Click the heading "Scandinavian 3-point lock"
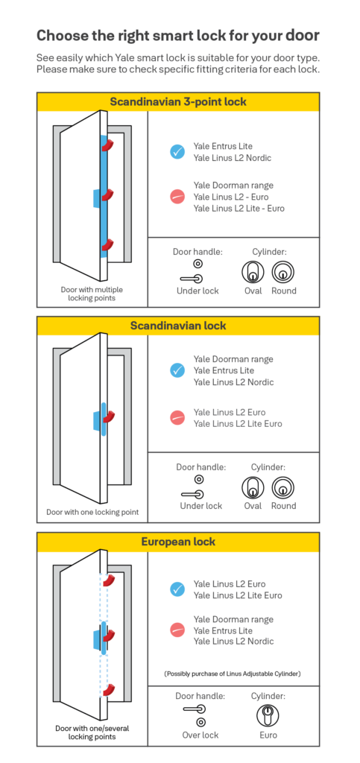click(x=178, y=101)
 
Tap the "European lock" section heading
click(x=178, y=542)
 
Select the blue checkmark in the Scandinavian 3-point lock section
click(x=177, y=152)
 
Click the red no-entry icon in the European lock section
click(x=177, y=630)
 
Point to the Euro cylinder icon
click(x=268, y=715)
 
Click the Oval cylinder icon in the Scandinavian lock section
click(x=253, y=487)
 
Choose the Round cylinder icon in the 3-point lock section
click(x=283, y=272)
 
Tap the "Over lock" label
click(x=200, y=735)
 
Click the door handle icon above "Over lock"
click(x=195, y=709)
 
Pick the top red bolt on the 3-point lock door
click(x=109, y=145)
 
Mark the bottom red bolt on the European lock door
click(x=109, y=690)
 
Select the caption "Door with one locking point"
click(x=92, y=512)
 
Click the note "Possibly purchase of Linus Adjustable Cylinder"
click(x=233, y=674)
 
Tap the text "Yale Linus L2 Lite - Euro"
click(x=239, y=209)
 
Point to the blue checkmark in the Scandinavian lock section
click(x=177, y=370)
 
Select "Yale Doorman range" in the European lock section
click(x=233, y=619)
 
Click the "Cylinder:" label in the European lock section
click(x=268, y=696)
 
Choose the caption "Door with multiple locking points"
click(x=92, y=294)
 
